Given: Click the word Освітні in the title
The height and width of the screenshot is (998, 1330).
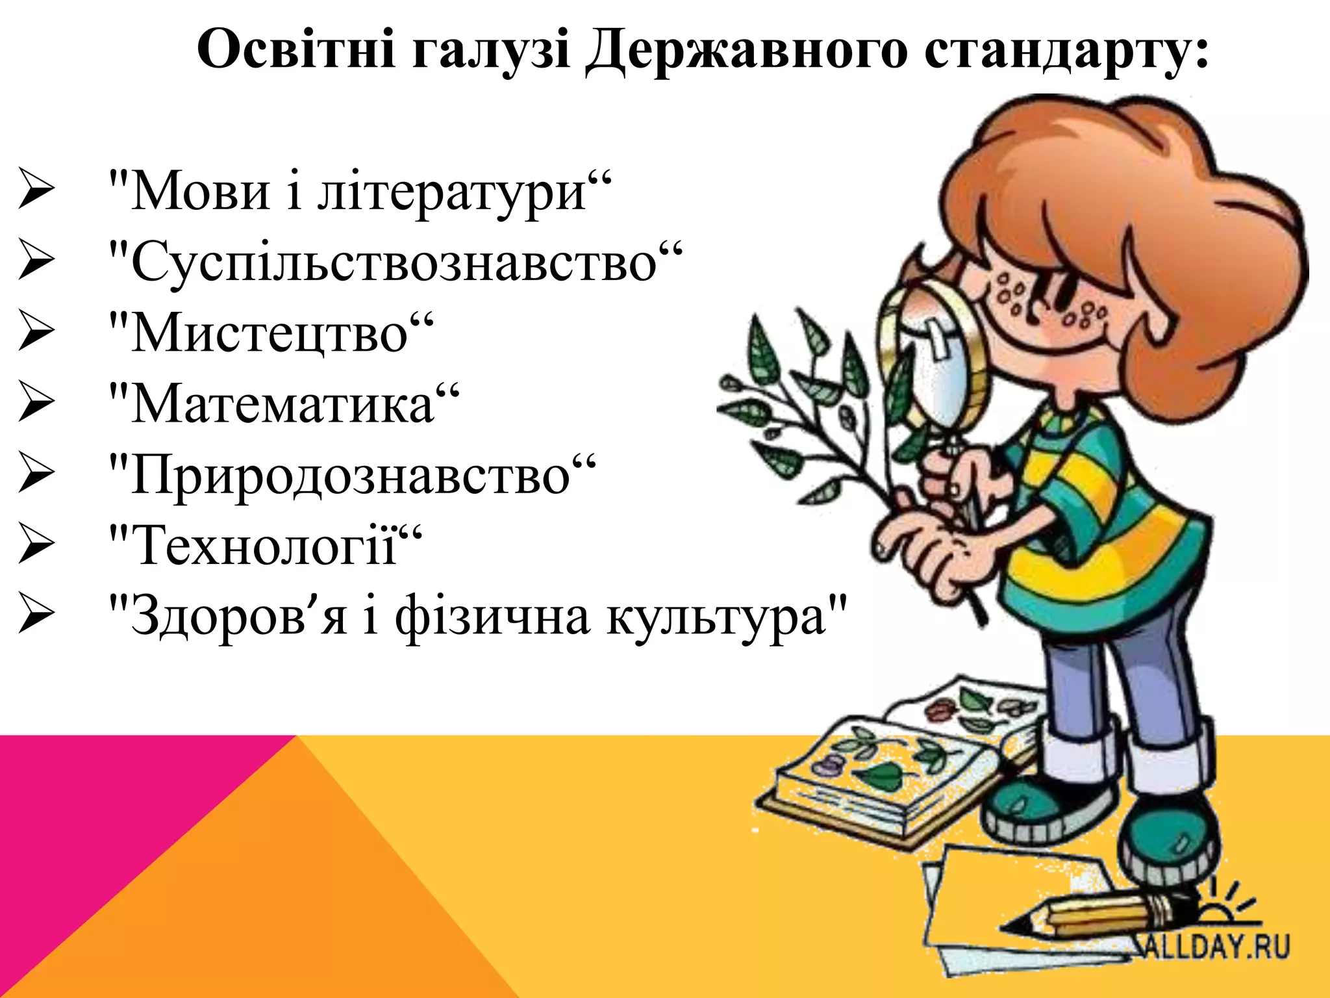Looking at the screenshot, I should (296, 49).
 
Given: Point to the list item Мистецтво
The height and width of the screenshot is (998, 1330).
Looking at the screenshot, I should (270, 333).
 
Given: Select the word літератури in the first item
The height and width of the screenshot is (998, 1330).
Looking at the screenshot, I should (451, 192).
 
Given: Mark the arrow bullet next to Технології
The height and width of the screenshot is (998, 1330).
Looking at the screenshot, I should (36, 544).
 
